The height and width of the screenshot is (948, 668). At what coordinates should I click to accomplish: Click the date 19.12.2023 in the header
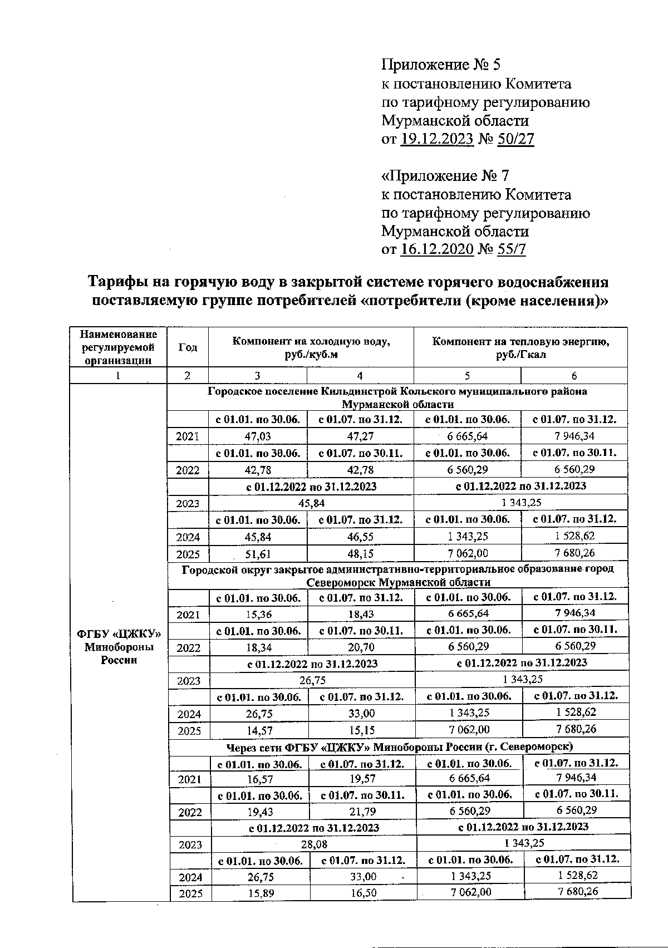point(436,139)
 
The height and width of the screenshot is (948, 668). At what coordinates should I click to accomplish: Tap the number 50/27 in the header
point(516,139)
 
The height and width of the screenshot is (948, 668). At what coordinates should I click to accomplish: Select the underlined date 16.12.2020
point(436,249)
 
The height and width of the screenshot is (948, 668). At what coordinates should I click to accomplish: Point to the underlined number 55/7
point(512,249)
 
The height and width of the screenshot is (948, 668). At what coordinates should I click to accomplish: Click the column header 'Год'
point(188,347)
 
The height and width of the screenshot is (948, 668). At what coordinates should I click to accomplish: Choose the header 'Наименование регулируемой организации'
point(119,347)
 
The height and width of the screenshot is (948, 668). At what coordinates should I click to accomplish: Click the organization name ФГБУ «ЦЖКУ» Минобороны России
point(119,647)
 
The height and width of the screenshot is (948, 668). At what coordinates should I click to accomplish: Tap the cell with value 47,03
point(257,436)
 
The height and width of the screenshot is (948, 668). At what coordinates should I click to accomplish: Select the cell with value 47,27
point(360,436)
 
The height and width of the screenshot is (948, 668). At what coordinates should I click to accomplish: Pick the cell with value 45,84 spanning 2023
point(311,503)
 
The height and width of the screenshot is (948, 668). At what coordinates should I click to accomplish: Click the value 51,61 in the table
point(257,554)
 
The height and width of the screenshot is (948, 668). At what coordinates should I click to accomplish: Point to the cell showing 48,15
point(360,554)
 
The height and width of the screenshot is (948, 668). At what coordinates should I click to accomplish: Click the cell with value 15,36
point(257,615)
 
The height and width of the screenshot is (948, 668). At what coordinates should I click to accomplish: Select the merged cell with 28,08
point(314,844)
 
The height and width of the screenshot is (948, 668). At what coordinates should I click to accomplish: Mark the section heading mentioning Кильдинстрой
point(397,397)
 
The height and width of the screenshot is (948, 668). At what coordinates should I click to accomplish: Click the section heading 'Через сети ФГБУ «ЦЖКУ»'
point(399,746)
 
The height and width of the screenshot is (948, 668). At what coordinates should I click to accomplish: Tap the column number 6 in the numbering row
point(574,375)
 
